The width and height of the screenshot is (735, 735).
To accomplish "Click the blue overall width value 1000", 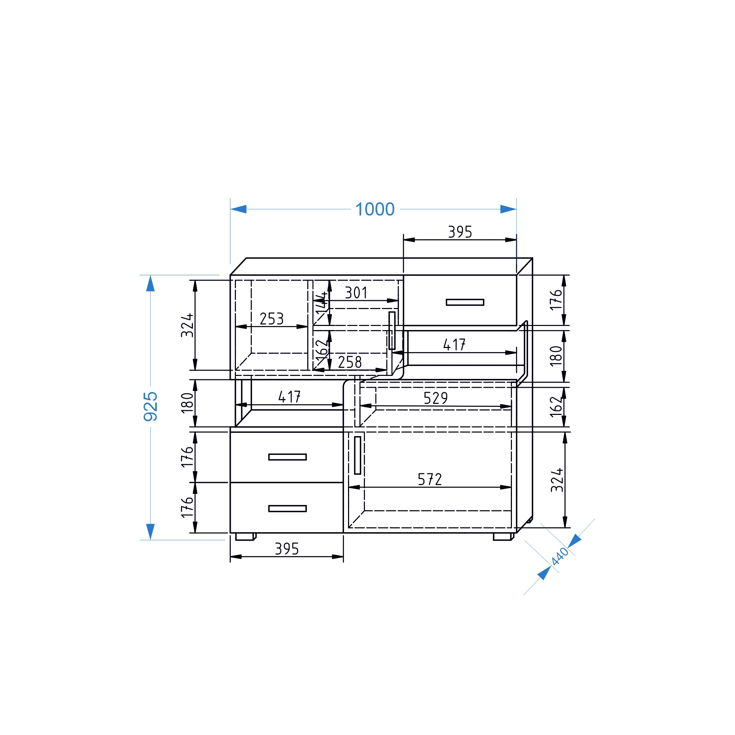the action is tap(375, 209).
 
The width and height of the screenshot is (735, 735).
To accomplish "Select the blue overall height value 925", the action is tap(151, 406).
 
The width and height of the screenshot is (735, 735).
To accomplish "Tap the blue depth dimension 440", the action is tap(560, 556).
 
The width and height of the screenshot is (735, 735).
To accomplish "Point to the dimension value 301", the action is tap(356, 293).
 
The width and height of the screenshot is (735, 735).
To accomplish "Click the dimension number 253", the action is tap(272, 319).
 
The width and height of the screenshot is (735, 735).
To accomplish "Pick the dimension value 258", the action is tap(349, 362).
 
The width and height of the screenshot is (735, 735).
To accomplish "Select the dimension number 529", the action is tap(435, 398).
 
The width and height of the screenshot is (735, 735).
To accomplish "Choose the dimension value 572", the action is tap(430, 479).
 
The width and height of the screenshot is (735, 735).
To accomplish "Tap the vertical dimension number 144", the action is tap(322, 303).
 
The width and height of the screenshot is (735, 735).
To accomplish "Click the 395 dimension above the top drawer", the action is tap(460, 232).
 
